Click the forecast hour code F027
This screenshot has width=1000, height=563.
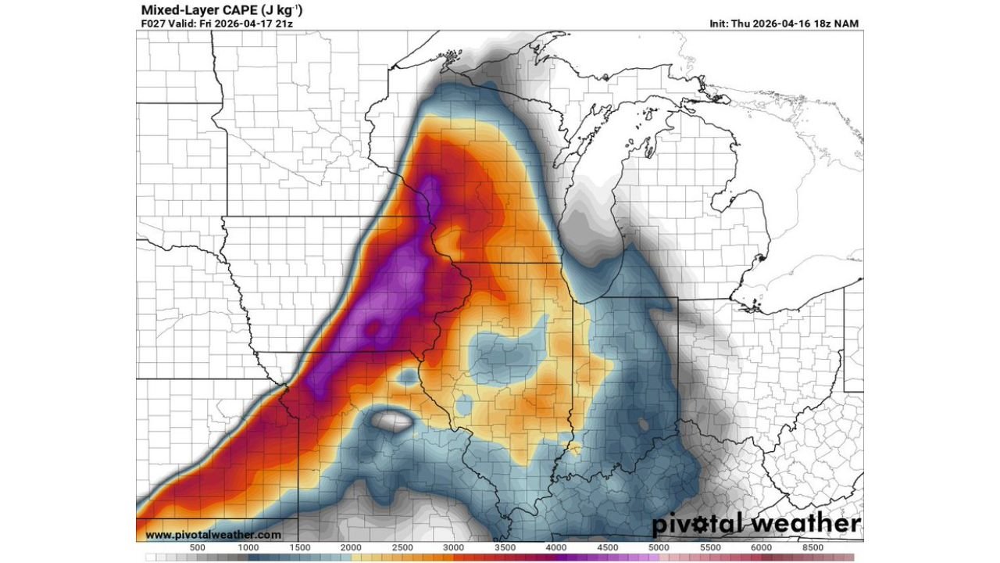(154, 23)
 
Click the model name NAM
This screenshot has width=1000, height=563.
(847, 23)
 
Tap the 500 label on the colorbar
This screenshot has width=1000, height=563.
(198, 547)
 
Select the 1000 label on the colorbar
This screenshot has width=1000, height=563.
(248, 547)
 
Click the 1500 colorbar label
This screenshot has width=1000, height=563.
(299, 547)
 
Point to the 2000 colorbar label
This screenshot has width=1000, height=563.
(351, 547)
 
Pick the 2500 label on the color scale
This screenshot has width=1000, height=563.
(402, 547)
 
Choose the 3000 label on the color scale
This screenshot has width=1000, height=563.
(453, 547)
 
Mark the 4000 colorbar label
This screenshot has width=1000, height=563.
(555, 547)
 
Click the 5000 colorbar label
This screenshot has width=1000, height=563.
(658, 547)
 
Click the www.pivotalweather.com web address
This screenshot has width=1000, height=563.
(213, 535)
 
